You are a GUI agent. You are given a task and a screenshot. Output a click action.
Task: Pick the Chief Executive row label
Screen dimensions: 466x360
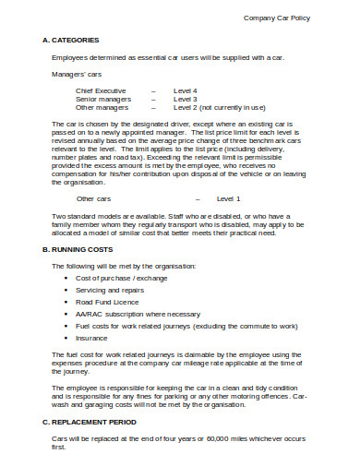102,90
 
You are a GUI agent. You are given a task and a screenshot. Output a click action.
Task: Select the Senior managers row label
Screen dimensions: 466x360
102,99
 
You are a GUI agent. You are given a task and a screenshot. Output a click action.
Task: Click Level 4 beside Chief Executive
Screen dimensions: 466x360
186,90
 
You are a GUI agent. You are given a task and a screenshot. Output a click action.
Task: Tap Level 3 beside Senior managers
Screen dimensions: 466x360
186,99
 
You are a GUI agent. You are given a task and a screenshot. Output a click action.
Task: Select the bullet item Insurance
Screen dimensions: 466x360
92,338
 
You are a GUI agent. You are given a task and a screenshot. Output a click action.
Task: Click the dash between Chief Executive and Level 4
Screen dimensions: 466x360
153,90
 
